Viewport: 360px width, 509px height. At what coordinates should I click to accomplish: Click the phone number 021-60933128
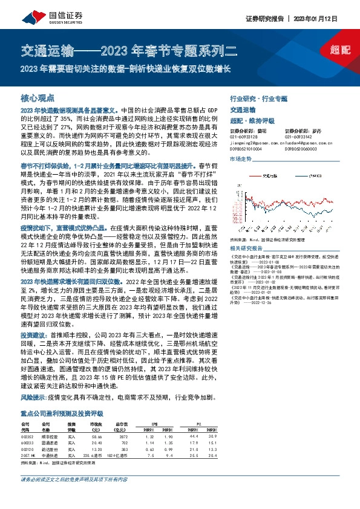coord(243,136)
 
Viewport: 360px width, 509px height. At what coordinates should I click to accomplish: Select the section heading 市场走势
coord(240,159)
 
